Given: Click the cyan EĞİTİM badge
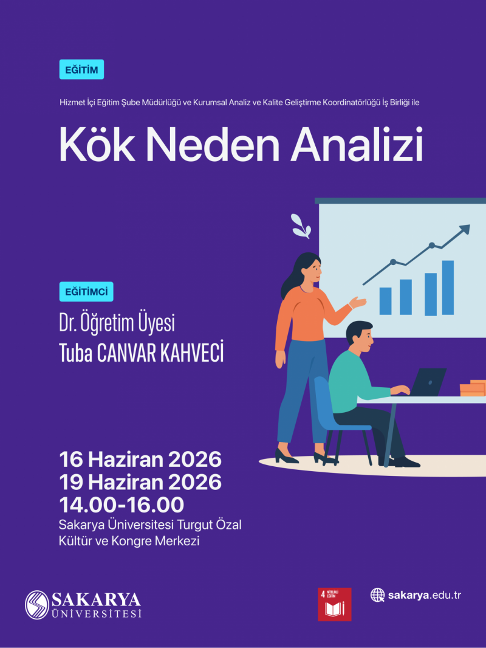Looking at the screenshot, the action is point(81,69).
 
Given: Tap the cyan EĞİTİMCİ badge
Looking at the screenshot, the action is point(86,292).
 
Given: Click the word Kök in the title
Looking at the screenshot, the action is point(97,145).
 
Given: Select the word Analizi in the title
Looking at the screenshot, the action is point(357,145).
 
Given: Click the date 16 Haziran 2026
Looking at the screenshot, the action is point(140,459).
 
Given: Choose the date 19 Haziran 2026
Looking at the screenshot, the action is point(140,482).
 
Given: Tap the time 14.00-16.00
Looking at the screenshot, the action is point(122,505).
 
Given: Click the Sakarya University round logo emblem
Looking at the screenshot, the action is point(36,605).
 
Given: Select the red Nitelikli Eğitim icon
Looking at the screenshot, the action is point(335,604).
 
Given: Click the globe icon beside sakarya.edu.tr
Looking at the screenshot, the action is point(377,595).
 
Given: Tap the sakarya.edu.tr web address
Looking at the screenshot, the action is point(424,595).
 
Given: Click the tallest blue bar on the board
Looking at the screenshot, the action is point(448,288).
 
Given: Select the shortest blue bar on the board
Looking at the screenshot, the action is point(385,301).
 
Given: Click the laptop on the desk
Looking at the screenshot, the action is point(427,382).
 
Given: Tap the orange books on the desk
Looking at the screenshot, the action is point(473,388).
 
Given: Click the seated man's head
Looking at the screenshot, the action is point(360,335).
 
